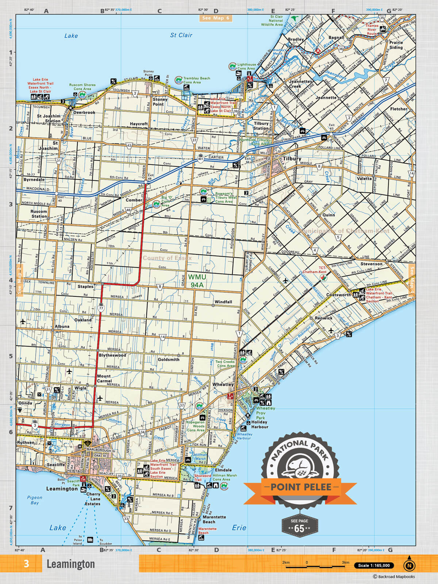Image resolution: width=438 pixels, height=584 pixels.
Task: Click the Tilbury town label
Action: click(292, 159)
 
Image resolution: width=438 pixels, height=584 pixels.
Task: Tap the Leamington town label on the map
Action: click(62, 488)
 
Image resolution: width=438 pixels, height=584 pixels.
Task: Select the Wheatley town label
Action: click(223, 384)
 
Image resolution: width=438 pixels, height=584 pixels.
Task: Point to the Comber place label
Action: click(134, 200)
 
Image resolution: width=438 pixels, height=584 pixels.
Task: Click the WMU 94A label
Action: click(197, 281)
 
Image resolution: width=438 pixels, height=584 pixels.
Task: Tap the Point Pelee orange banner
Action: click(300, 487)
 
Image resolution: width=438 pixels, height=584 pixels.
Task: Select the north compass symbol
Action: click(409, 565)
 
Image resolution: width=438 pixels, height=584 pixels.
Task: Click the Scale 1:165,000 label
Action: click(374, 565)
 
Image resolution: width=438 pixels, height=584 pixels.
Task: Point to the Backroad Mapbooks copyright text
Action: click(394, 577)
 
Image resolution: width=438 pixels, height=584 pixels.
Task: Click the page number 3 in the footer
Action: click(26, 564)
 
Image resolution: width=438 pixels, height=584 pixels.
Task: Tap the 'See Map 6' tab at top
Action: click(216, 18)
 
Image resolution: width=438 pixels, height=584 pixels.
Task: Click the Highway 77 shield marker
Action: click(101, 308)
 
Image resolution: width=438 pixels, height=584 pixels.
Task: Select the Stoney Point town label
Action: click(160, 101)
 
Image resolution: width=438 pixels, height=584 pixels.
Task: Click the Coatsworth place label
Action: click(338, 295)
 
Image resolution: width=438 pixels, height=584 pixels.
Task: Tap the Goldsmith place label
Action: click(169, 360)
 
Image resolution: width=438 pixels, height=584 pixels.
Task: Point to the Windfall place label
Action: click(223, 302)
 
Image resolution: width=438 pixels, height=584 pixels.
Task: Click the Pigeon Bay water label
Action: click(35, 500)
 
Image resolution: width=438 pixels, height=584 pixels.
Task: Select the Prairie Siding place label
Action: click(396, 45)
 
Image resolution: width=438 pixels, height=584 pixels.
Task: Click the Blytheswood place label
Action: click(112, 355)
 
